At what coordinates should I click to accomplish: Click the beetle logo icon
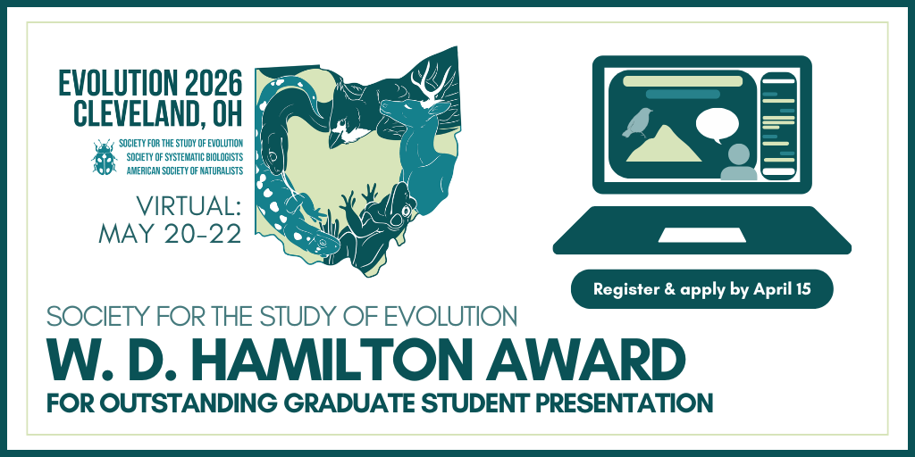[x=104, y=157]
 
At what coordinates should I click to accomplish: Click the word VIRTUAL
[x=188, y=206]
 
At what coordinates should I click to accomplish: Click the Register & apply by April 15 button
[x=702, y=289]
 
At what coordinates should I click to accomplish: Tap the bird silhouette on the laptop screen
[x=637, y=122]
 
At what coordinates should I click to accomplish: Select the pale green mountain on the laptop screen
[x=664, y=144]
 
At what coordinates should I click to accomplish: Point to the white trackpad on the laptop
[x=702, y=235]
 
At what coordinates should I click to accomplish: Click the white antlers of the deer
[x=432, y=82]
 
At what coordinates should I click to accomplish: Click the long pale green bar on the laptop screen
[x=682, y=80]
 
